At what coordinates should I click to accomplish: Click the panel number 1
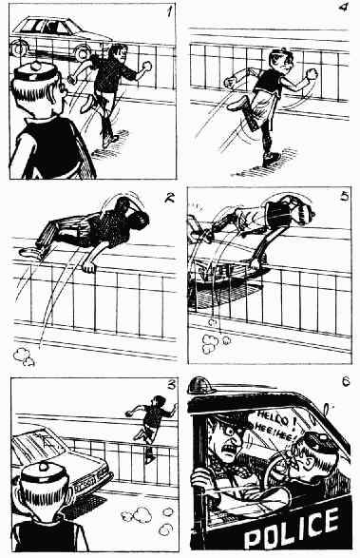[170, 11]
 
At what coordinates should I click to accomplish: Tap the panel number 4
[343, 7]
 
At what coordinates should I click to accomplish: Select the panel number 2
[170, 198]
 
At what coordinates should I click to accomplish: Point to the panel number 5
[345, 196]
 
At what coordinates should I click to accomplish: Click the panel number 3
[172, 385]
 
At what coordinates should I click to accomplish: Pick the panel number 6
[346, 382]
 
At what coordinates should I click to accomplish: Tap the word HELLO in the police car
[274, 418]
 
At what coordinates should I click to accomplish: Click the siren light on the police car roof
[202, 385]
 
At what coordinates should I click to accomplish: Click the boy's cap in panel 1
[35, 72]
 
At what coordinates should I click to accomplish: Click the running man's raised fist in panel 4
[312, 73]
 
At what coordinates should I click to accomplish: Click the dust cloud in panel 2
[24, 356]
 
